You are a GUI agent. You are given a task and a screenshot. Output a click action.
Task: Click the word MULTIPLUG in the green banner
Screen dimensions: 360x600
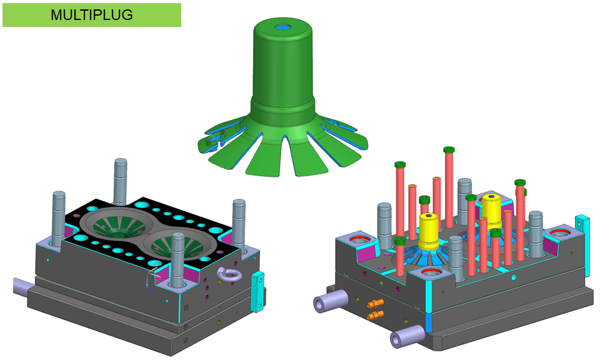pos(92,15)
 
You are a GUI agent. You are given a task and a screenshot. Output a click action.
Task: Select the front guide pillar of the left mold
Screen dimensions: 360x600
pos(178,259)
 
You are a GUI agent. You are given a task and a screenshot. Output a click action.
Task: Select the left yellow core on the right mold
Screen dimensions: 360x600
pos(429,230)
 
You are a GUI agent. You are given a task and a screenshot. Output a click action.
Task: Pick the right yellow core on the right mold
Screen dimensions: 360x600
pos(492,209)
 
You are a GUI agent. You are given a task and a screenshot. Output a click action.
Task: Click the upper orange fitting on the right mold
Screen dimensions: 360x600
pos(374,303)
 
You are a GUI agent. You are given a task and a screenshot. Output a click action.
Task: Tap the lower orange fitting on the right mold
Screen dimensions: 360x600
pos(374,315)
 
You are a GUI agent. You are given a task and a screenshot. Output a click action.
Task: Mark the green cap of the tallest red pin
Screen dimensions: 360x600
pos(448,150)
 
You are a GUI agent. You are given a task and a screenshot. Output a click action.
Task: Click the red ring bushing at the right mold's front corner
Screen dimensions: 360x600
pos(433,273)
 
